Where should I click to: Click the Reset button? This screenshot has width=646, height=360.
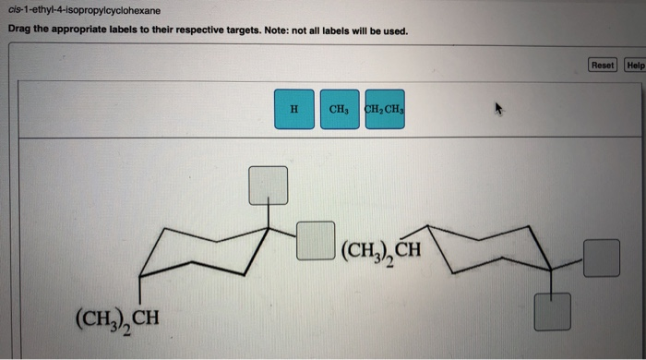[x=603, y=65]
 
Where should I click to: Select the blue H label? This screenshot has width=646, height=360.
[x=293, y=109]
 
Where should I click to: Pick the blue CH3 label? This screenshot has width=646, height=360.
[x=338, y=109]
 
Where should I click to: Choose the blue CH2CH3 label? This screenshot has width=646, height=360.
[x=385, y=109]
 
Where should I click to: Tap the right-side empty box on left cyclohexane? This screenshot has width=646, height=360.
[x=316, y=241]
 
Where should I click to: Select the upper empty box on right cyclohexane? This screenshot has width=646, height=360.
[x=601, y=258]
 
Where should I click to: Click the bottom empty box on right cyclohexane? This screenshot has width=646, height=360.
[x=553, y=310]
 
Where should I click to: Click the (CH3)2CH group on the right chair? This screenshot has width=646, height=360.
[x=380, y=250]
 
